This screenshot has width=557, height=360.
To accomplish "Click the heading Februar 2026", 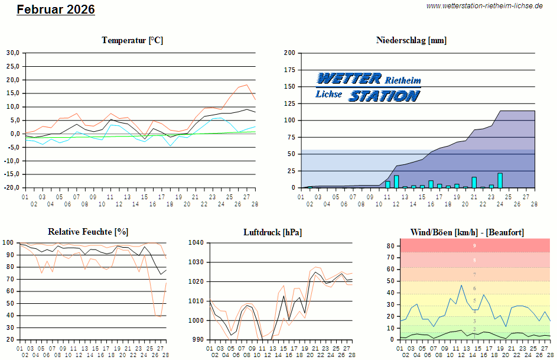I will tap(56, 9).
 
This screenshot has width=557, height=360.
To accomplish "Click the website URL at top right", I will tap(484, 5).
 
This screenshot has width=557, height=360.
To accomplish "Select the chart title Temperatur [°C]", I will tap(132, 40).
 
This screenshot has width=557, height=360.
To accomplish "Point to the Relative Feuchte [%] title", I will tap(88, 232).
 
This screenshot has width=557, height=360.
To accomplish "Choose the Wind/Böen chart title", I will tap(467, 232).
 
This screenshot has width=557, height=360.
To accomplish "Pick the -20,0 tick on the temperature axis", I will tap(12, 188).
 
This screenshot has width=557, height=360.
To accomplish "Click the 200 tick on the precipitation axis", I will tap(289, 53).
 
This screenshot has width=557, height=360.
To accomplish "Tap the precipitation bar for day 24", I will tap(500, 180).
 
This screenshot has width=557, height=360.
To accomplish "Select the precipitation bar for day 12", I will tap(396, 181).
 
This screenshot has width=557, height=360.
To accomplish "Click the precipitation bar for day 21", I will tap(474, 182).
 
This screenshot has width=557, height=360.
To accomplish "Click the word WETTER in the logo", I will tap(348, 79).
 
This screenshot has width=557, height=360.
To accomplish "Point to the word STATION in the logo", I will tap(384, 95).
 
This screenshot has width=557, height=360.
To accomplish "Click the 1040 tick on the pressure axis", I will tap(196, 243).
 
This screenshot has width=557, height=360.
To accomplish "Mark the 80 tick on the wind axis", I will tap(390, 245).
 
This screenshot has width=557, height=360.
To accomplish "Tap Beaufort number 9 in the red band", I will tap(474, 245).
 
